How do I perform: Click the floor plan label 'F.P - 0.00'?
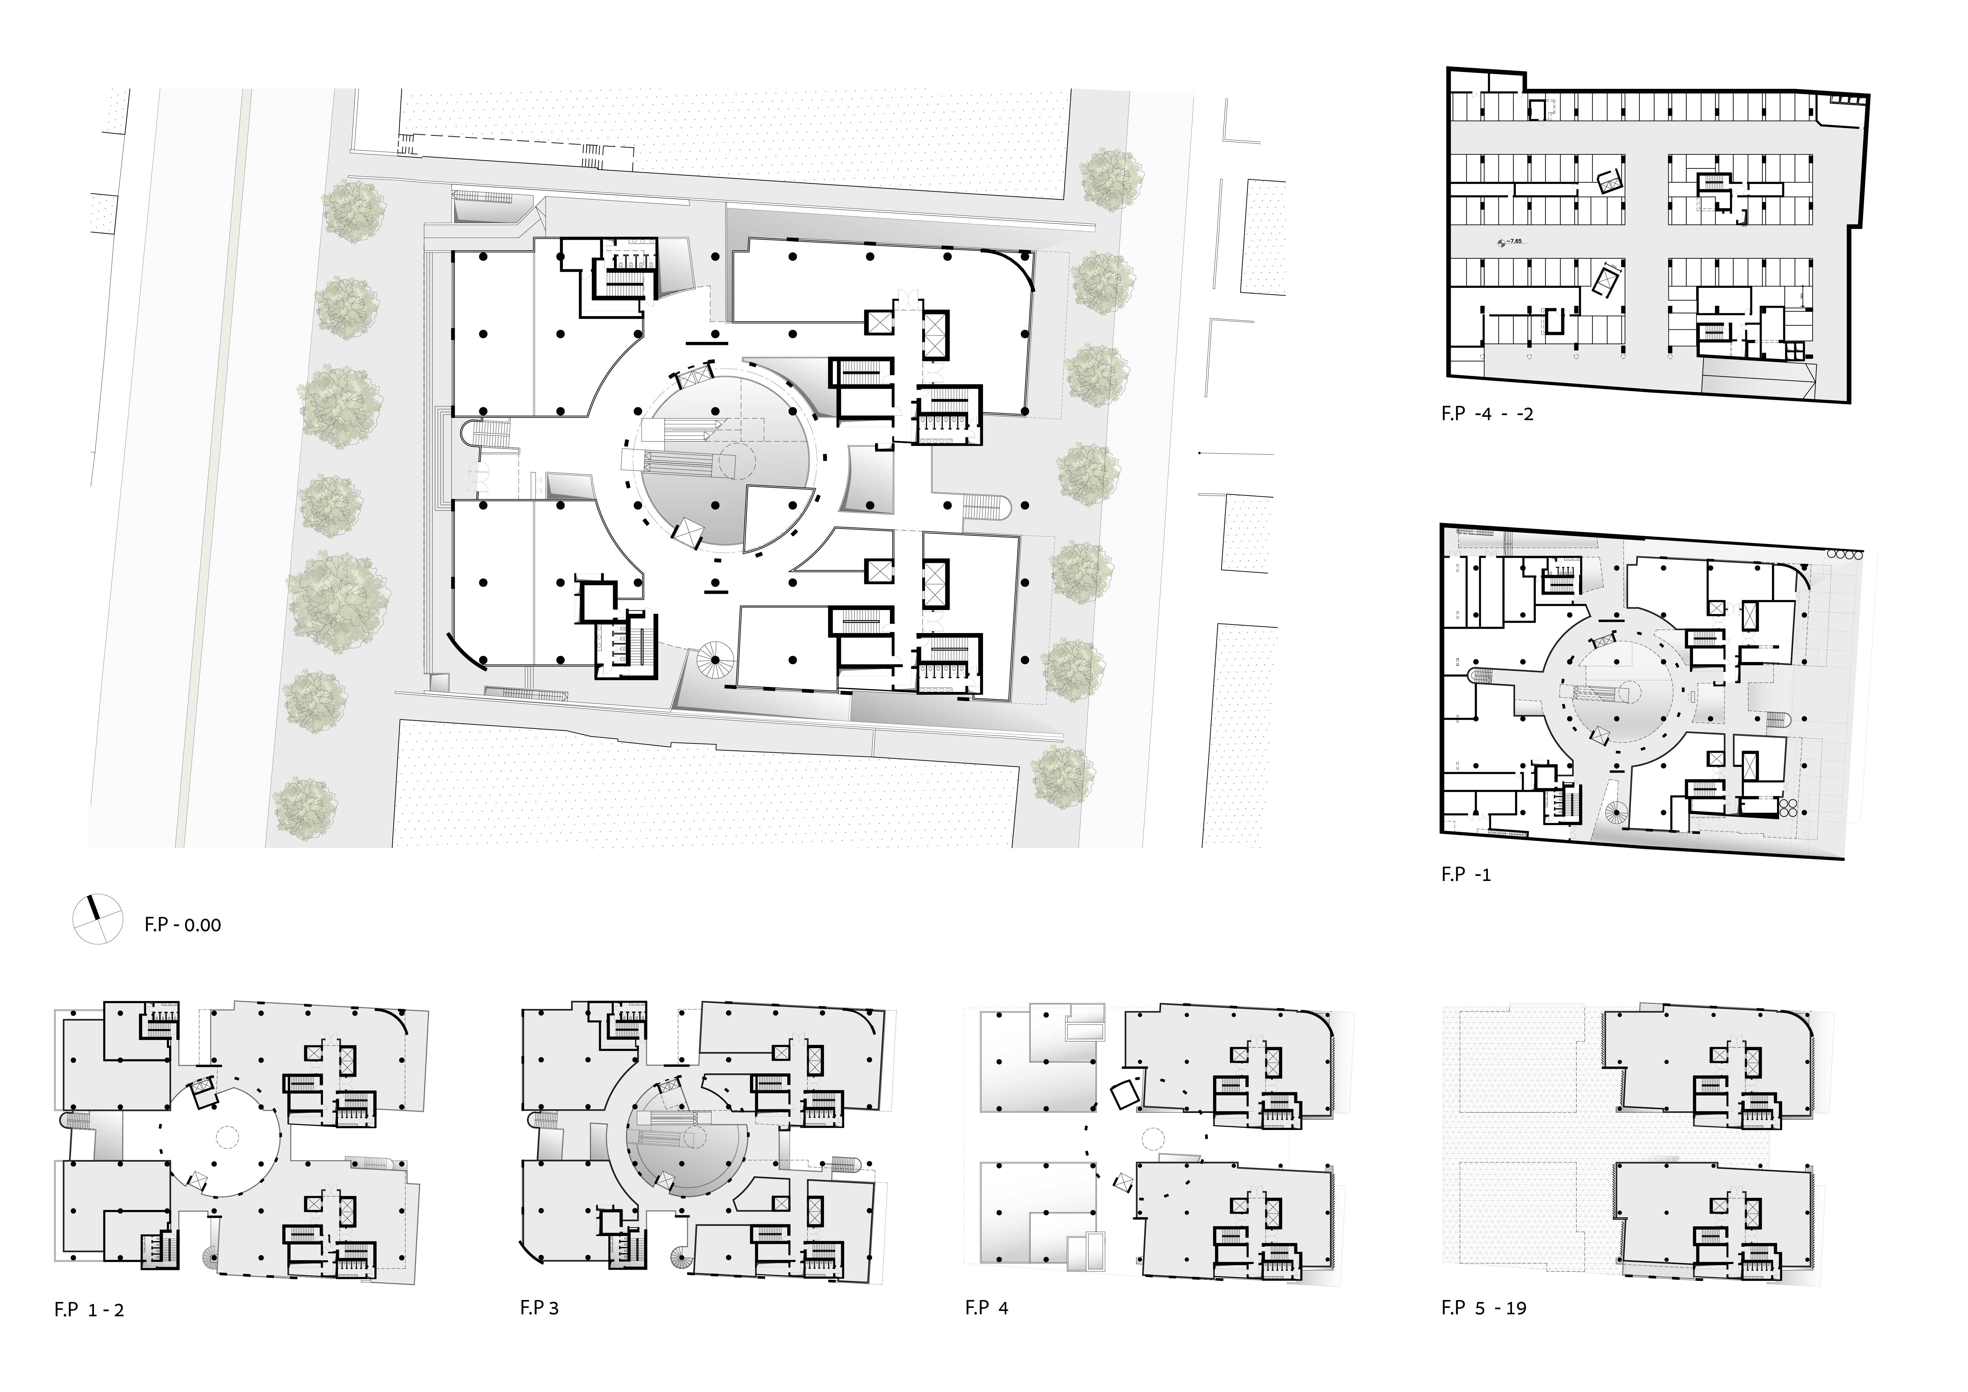tap(183, 925)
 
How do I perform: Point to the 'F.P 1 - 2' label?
tap(89, 1310)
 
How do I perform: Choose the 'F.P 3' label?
tap(539, 1308)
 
